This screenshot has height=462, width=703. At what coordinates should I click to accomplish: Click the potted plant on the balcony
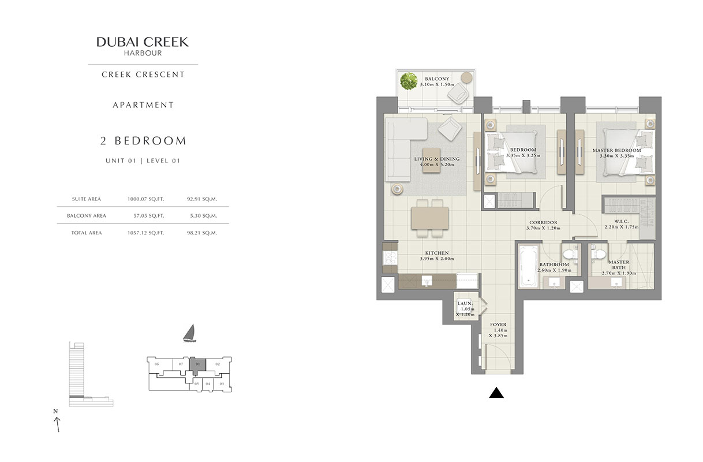pyautogui.click(x=409, y=81)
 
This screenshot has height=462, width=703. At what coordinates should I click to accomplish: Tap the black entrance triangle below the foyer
pyautogui.click(x=497, y=393)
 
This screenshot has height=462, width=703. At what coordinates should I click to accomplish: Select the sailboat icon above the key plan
pyautogui.click(x=188, y=334)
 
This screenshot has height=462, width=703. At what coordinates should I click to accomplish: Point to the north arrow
pyautogui.click(x=57, y=422)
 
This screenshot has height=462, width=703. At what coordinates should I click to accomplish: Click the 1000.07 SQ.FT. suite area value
pyautogui.click(x=145, y=199)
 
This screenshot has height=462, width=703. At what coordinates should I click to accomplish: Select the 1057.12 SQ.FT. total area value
pyautogui.click(x=145, y=233)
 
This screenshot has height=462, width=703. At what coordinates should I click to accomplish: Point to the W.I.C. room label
pyautogui.click(x=621, y=221)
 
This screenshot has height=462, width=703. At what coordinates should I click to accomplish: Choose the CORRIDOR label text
pyautogui.click(x=543, y=222)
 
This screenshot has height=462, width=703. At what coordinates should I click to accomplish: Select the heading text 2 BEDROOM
pyautogui.click(x=143, y=140)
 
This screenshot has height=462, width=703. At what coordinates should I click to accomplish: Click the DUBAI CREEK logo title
pyautogui.click(x=143, y=42)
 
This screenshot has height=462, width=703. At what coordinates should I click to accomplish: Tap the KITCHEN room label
pyautogui.click(x=437, y=253)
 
